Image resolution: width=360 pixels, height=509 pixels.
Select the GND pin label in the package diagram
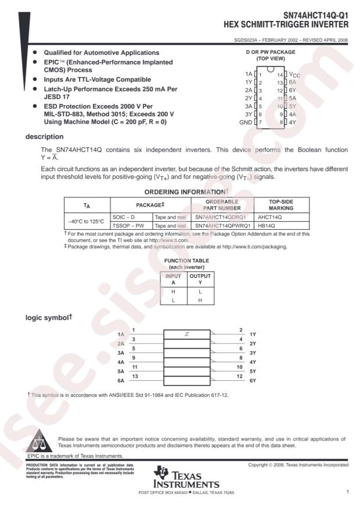click(246, 122)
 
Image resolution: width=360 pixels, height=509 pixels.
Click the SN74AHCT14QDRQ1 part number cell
click(221, 216)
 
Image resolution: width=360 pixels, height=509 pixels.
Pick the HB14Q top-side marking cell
click(267, 225)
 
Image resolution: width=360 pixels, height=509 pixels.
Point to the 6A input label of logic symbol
click(121, 381)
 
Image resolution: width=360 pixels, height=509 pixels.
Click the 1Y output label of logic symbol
click(253, 335)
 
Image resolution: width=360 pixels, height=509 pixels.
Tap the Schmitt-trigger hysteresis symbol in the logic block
click(186, 334)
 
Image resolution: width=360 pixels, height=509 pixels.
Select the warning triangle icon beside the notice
click(40, 441)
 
